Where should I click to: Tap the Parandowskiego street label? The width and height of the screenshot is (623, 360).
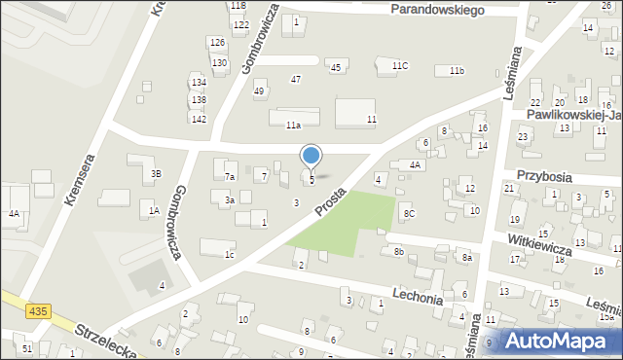tap(437, 9)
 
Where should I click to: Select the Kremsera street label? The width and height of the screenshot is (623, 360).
tap(80, 181)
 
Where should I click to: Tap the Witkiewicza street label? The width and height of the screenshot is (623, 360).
tap(538, 243)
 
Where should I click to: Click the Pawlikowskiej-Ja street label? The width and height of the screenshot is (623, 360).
tap(574, 114)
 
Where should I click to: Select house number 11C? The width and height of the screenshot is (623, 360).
tap(400, 65)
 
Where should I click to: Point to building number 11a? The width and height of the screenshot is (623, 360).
tap(293, 126)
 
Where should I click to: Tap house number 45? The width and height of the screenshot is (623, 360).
tap(336, 67)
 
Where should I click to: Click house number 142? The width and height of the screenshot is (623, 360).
tap(199, 119)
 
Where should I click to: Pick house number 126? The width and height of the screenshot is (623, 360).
tap(217, 42)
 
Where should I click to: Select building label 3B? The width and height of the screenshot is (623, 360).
tap(156, 174)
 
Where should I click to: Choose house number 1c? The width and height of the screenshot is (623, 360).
tap(230, 255)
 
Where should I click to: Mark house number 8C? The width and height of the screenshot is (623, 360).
tap(410, 213)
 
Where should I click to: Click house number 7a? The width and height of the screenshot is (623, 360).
tap(230, 177)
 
